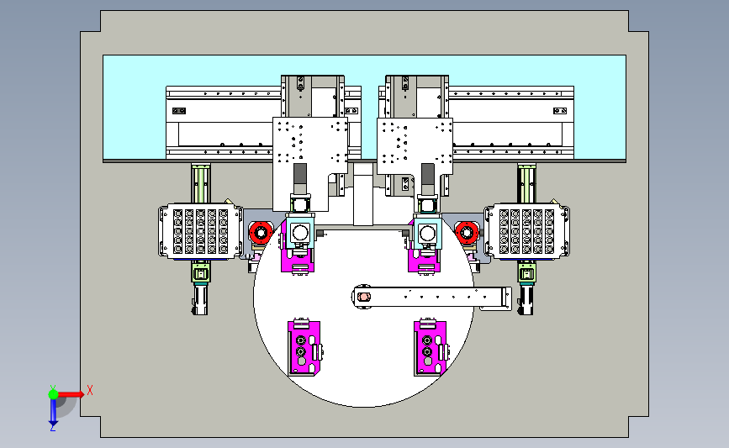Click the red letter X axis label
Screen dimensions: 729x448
click(x=90, y=390)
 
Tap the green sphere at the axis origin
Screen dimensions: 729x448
click(x=54, y=394)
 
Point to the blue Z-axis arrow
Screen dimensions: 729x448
click(x=53, y=412)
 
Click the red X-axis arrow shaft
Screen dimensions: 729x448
click(x=69, y=394)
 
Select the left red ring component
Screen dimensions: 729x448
click(x=261, y=232)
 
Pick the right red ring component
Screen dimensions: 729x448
click(x=467, y=232)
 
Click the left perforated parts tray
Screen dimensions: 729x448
click(x=200, y=231)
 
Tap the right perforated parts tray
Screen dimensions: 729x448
click(x=526, y=231)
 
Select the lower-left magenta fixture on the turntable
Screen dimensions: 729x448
click(x=304, y=346)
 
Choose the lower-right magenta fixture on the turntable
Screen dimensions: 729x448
click(x=431, y=346)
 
